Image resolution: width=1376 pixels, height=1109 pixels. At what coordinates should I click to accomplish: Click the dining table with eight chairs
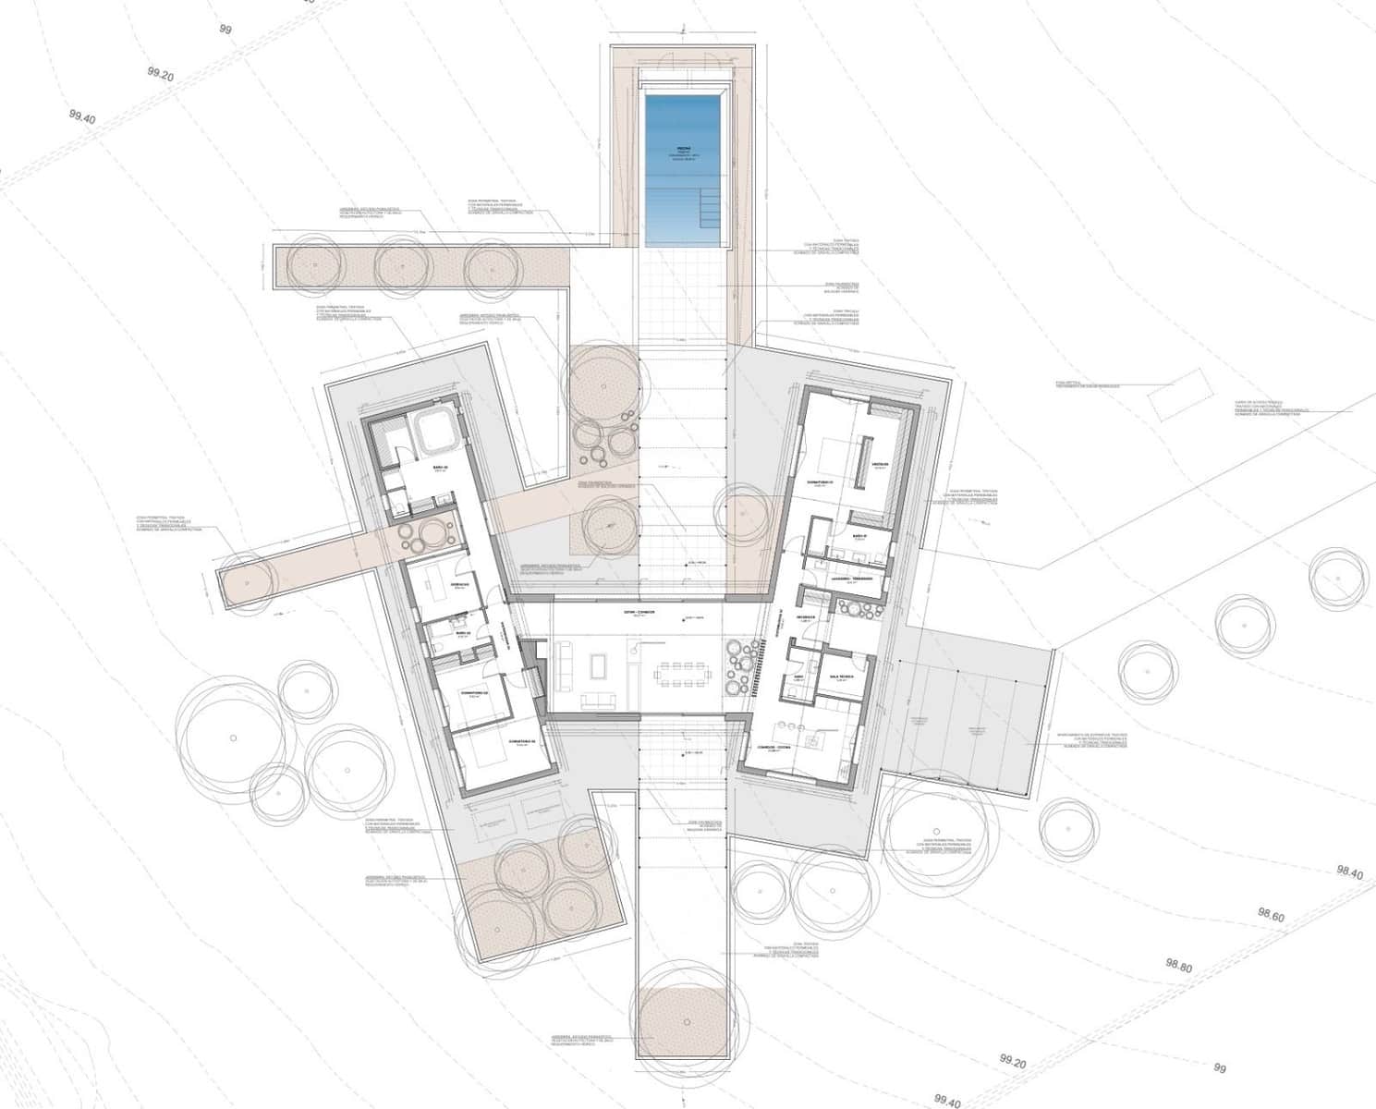[679, 673]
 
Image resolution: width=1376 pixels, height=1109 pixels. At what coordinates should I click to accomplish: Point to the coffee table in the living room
[598, 665]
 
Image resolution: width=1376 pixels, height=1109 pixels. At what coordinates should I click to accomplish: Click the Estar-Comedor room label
[639, 613]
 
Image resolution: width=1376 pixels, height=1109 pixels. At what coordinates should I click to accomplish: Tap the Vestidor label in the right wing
[879, 464]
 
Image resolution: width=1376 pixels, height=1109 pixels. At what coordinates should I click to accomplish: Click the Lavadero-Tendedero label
[852, 579]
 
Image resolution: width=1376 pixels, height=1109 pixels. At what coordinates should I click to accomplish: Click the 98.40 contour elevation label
[1349, 871]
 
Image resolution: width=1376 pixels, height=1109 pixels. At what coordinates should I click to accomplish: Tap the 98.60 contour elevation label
[1271, 916]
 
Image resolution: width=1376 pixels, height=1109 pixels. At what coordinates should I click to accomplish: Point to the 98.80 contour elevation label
[1179, 967]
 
